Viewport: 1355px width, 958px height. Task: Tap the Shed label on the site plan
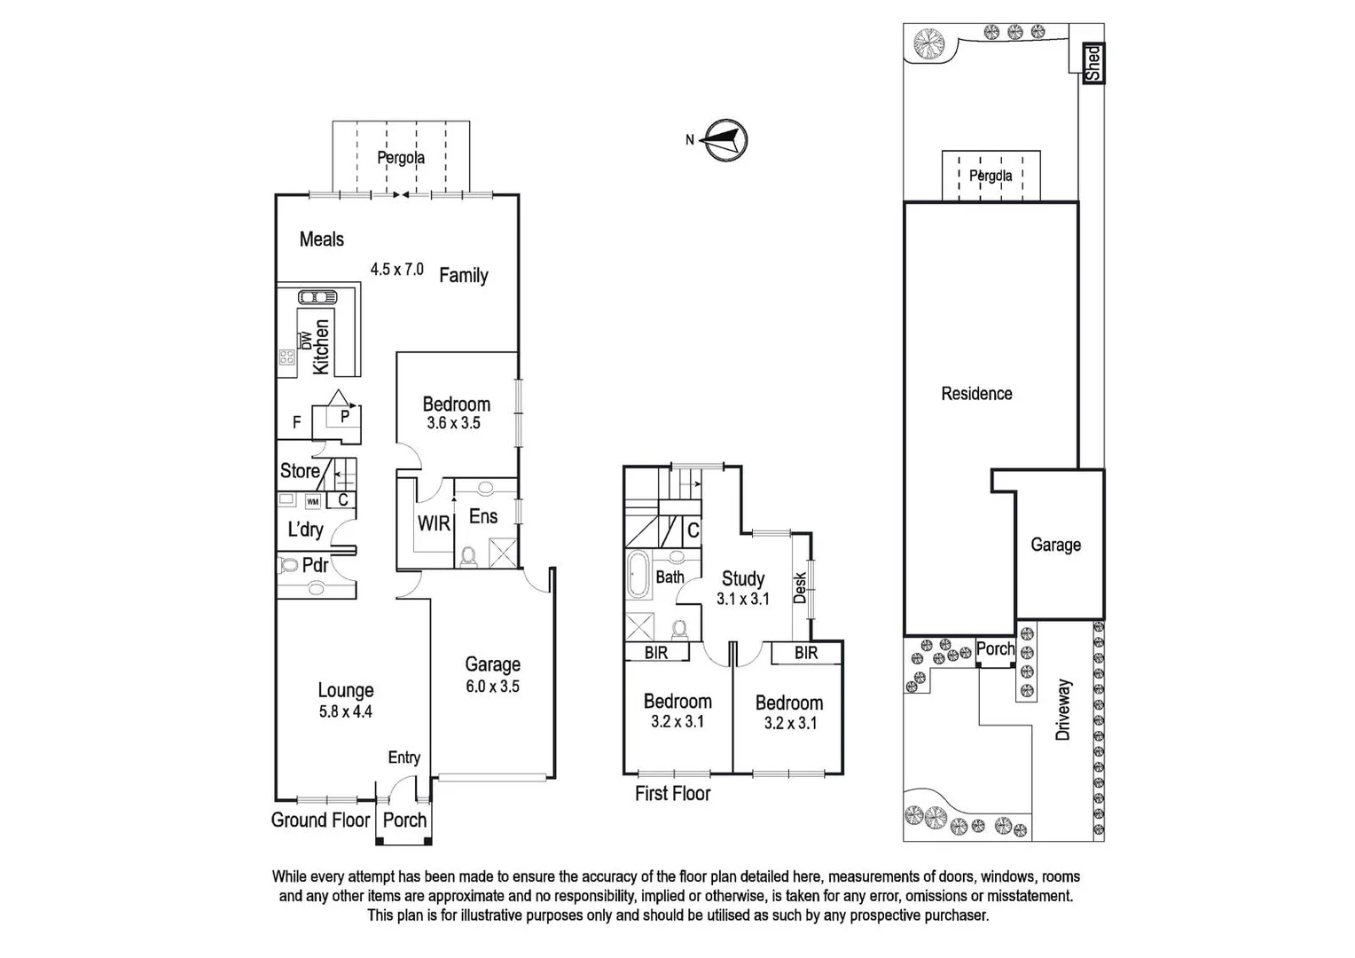1093,64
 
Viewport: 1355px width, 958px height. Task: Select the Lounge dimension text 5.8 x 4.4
346,711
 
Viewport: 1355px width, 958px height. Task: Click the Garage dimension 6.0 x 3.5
492,687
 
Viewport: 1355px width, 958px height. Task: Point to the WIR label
434,523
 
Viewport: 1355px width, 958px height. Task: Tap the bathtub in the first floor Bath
638,577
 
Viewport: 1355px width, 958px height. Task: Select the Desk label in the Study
800,587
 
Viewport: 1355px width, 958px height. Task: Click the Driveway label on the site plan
1063,710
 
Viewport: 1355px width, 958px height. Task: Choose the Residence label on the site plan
976,393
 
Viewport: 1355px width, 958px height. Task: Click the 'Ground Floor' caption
320,820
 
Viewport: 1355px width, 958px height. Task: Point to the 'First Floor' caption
672,793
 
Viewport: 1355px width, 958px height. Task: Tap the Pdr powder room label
315,565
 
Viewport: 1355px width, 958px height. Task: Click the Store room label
300,471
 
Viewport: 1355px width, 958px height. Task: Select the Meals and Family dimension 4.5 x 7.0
396,269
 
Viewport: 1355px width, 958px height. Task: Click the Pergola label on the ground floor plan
401,158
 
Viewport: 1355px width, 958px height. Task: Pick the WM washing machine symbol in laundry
312,502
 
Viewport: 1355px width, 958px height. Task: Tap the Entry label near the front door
403,758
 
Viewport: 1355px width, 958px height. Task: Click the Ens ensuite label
483,516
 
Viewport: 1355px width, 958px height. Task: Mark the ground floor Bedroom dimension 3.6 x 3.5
453,423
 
